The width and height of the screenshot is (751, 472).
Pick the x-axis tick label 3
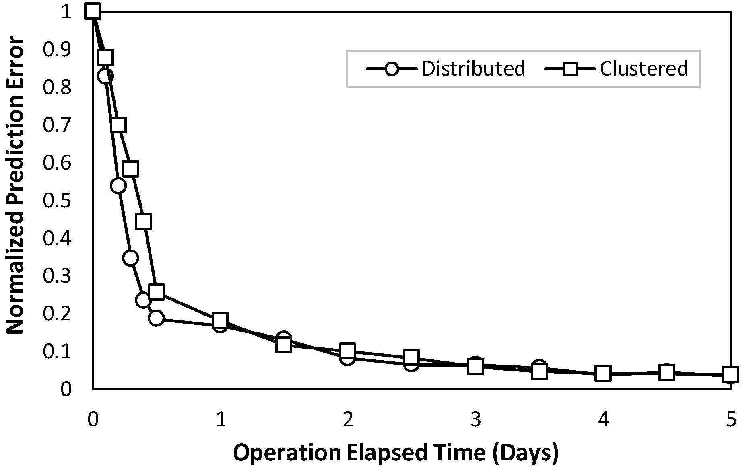coord(476,420)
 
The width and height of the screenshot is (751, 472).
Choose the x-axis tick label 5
coord(731,420)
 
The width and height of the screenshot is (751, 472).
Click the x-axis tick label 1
coord(220,420)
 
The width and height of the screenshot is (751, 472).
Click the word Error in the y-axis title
coord(15,60)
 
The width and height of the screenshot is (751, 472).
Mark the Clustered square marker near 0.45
coord(144,222)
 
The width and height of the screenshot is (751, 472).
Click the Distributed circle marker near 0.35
coord(131,258)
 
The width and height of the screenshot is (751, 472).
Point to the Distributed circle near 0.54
coord(118,186)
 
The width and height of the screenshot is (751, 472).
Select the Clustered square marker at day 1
coord(220,320)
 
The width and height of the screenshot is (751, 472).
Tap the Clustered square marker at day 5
coord(730,374)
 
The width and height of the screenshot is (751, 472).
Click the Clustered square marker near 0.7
coord(118,125)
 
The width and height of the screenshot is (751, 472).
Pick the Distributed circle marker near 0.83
coord(105,76)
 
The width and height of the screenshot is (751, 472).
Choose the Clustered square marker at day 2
coord(348,351)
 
